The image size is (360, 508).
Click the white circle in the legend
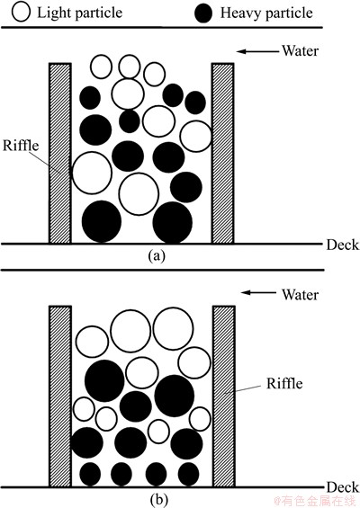tap(21, 12)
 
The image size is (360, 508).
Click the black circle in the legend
tap(203, 13)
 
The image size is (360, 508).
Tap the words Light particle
tap(80, 13)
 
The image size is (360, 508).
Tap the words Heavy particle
tap(266, 13)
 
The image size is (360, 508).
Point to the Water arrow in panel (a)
tap(257, 51)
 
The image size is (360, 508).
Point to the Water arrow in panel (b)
tap(259, 293)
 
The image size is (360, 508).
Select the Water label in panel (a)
tap(300, 51)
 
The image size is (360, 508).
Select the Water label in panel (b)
tap(300, 295)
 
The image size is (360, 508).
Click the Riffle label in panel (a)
tap(21, 146)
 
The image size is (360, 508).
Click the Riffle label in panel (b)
tap(284, 384)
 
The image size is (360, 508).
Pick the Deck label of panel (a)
tap(343, 245)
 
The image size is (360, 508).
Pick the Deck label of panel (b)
tap(343, 487)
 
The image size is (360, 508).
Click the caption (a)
tap(157, 256)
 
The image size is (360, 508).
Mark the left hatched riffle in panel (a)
tap(60, 153)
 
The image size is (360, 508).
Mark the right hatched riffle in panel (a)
tap(223, 153)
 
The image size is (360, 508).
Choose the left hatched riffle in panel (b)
tap(60, 396)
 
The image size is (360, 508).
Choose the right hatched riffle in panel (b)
tap(224, 396)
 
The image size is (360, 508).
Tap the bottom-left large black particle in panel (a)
tap(102, 221)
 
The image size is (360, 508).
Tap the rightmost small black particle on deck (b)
tap(188, 475)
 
